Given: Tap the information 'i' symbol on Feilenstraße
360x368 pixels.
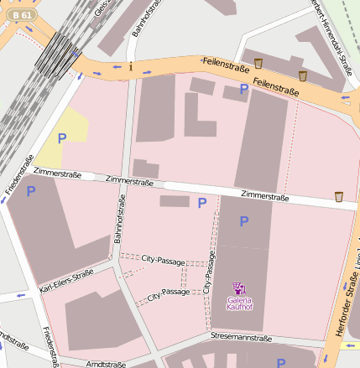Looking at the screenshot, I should coord(131,66).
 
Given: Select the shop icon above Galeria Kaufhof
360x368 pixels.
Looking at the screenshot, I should coord(238,288).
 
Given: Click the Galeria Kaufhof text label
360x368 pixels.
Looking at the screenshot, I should coord(239,303).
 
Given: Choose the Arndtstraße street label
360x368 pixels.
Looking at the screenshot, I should coord(106,364).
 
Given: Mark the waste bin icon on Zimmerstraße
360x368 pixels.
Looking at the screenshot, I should coord(339,197).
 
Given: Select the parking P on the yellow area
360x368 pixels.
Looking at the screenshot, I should coord(61,137).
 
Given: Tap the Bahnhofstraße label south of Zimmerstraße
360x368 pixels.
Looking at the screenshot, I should coord(120,218).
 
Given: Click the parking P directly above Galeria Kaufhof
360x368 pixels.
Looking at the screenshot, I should coord(244,221).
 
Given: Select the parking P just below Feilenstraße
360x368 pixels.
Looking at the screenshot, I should coord(244,88).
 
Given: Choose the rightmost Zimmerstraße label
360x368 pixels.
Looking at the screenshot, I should coord(264,197).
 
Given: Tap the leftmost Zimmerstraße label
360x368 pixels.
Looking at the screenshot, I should coord(59,173).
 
